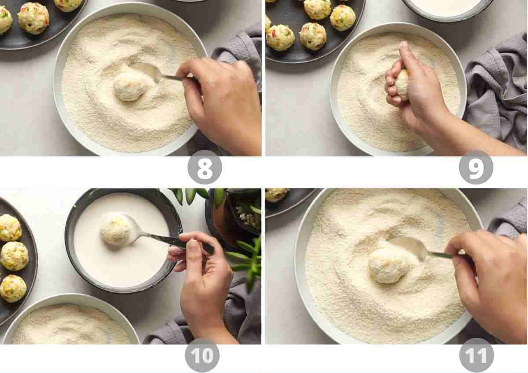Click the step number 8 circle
coord(205,167)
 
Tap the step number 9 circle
coord(476,167)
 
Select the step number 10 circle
coord(202,355)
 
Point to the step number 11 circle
coord(476,355)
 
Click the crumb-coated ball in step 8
coord(130,86)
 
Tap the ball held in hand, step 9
coord(402,83)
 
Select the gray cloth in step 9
coord(497,88)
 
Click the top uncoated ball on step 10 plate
coord(10,228)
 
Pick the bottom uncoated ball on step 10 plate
coord(13,288)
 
